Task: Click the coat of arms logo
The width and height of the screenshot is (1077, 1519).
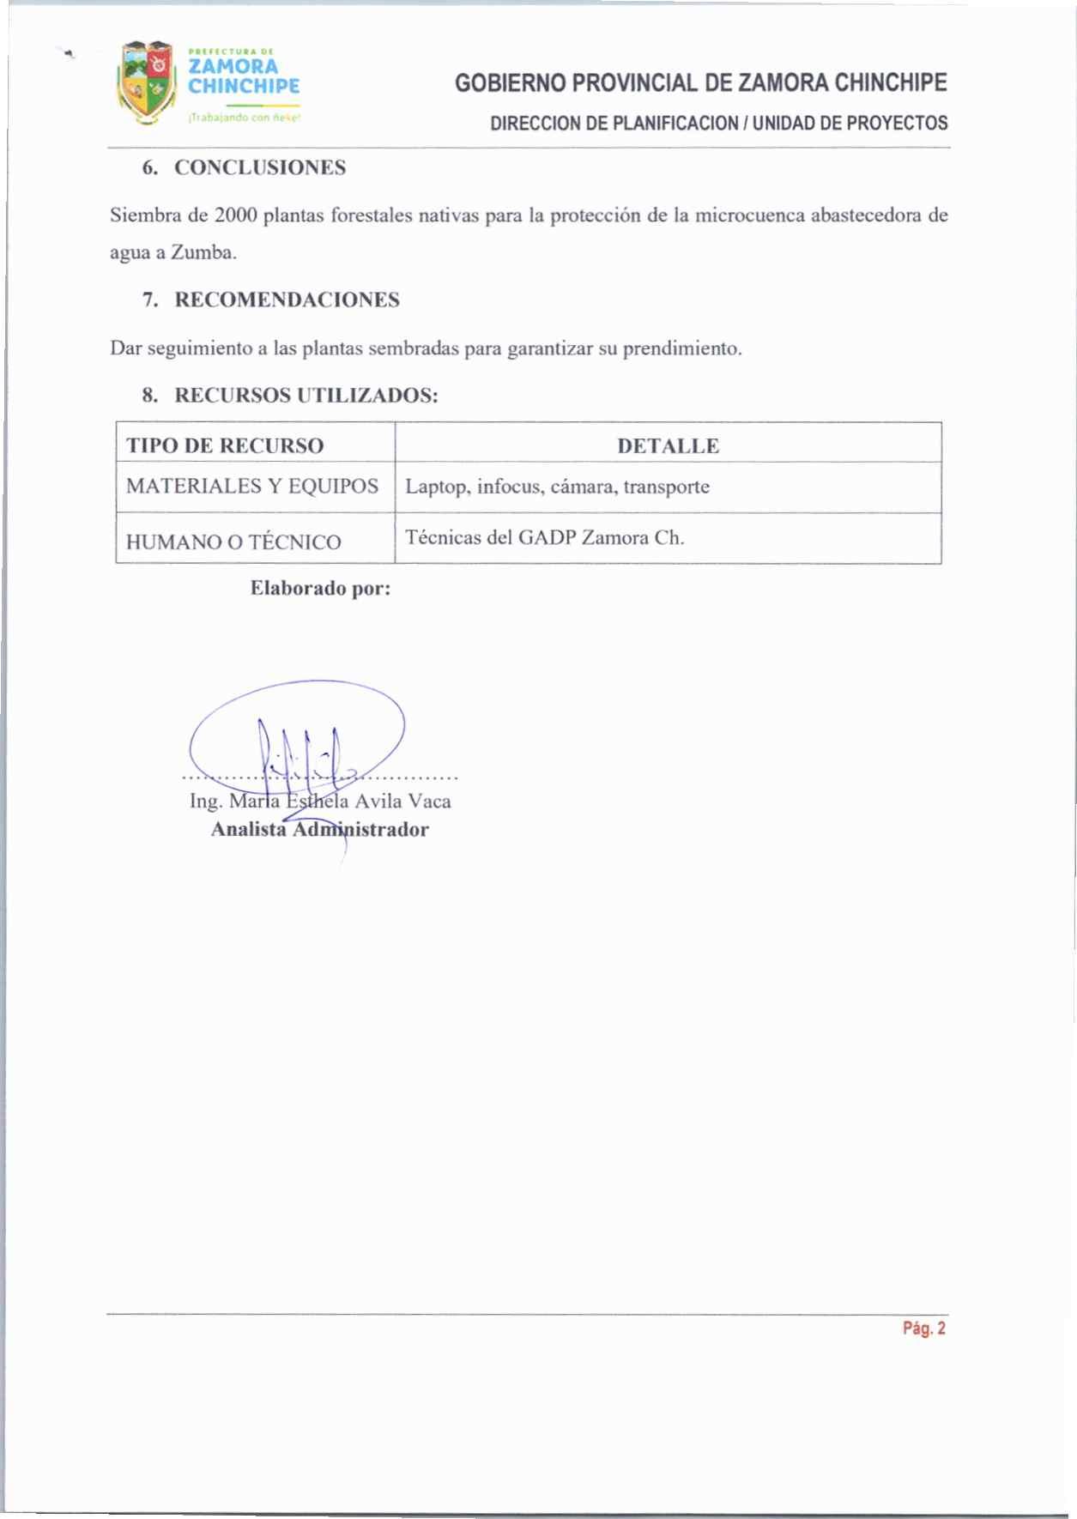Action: coord(147,83)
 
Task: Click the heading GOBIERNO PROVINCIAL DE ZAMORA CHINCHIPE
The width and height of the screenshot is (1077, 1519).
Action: coord(700,83)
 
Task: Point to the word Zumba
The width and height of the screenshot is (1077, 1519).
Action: coord(203,253)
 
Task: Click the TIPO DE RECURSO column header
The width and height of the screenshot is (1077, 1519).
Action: coord(225,445)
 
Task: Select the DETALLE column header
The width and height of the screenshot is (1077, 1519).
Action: coord(668,445)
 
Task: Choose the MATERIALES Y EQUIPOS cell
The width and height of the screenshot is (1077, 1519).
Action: coord(252,487)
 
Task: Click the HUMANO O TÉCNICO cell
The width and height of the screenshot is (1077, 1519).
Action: coord(233,542)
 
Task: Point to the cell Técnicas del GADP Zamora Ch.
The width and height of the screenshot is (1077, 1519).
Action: coord(544,538)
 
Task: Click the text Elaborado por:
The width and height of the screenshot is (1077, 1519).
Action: coord(320,589)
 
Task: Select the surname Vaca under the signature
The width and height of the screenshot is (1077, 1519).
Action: coord(429,801)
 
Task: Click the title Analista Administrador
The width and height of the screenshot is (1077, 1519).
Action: coord(319,829)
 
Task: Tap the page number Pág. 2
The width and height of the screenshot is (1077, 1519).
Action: coord(923,1328)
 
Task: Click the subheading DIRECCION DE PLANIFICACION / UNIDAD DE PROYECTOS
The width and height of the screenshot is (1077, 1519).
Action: coord(718,123)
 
